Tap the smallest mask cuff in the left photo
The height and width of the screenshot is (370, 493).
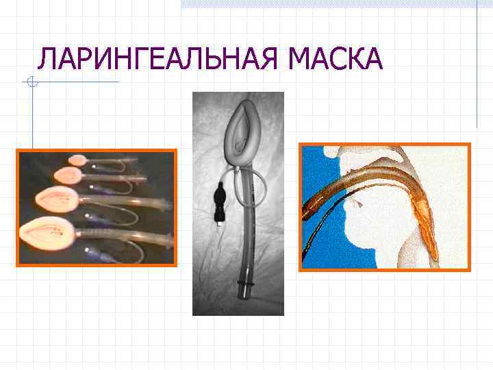click(x=76, y=160)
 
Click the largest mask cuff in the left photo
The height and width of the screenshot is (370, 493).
click(x=47, y=230)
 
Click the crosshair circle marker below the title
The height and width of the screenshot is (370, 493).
click(x=31, y=83)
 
